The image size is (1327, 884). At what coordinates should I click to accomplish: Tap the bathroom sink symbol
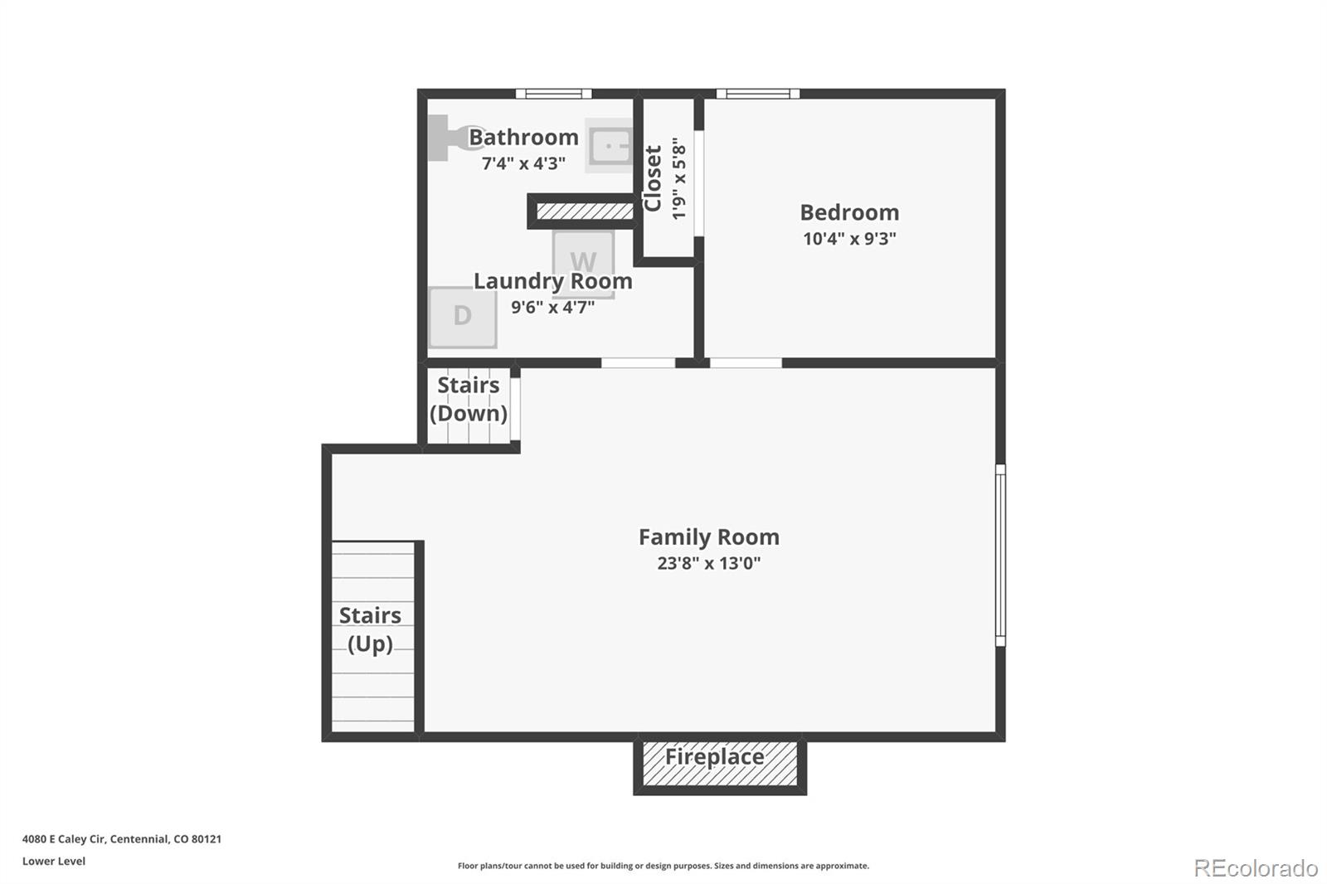coord(610,145)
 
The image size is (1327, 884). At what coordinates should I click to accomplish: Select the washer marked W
coord(583,265)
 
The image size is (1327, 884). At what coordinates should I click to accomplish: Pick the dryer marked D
coord(463,317)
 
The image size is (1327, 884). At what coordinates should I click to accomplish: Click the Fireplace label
coord(714,757)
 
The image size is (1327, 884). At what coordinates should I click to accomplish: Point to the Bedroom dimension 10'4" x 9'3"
coord(849,239)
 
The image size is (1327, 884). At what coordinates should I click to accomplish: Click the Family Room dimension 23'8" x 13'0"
coord(708,563)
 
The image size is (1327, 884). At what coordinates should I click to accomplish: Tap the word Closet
coord(652,178)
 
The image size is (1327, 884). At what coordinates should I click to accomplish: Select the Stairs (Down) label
coord(468,400)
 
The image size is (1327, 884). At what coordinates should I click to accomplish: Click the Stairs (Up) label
coord(370,629)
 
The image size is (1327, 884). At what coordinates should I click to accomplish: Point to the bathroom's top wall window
coord(553,94)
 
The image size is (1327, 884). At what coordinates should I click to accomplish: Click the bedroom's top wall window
coord(758,94)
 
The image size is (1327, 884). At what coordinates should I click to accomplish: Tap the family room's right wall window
coord(1000,555)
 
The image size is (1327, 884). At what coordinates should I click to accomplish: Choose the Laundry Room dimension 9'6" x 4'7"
coord(552,308)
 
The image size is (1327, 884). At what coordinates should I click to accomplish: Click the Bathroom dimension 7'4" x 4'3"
coord(523,163)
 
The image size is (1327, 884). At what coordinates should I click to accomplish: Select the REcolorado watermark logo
coord(1256,868)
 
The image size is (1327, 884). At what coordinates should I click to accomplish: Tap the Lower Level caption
coord(54,861)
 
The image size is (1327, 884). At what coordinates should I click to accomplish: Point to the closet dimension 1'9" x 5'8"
coord(679,179)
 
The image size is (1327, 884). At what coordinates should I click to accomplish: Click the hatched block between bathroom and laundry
coord(585,211)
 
